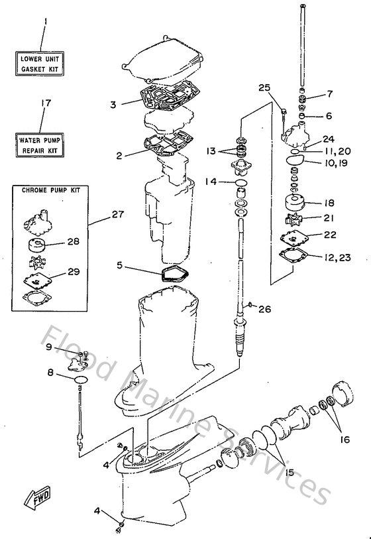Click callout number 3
coord(113,104)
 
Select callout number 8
coord(50,373)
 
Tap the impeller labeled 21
coord(291,218)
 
